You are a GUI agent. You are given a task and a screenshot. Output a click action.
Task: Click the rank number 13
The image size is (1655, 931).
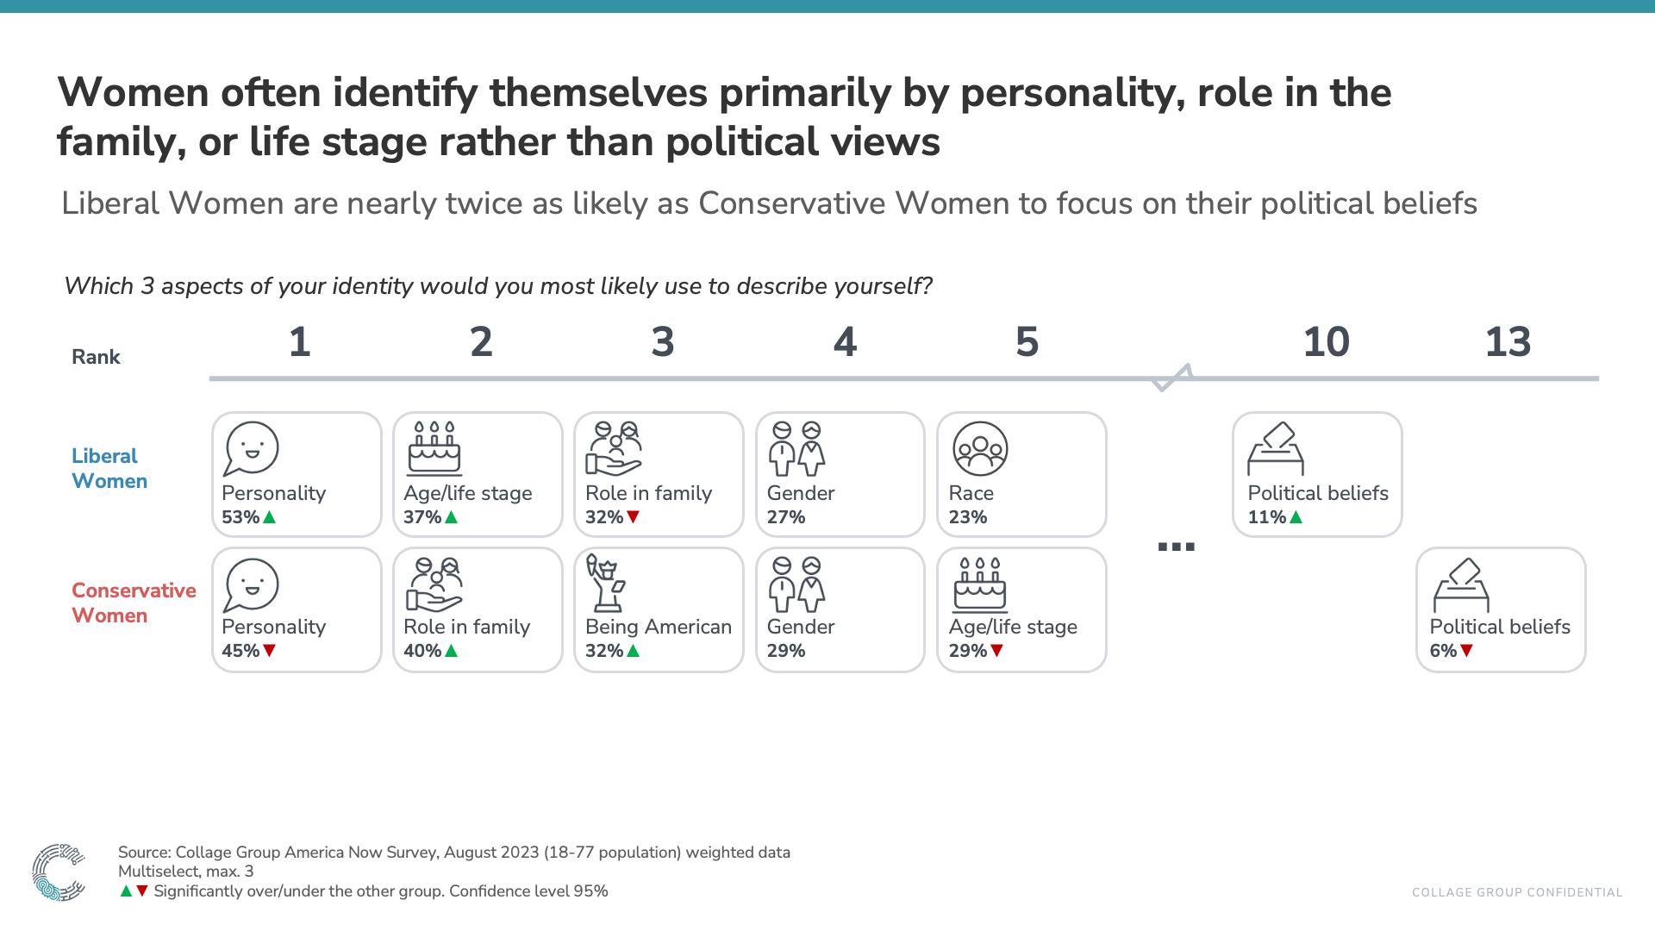(x=1508, y=342)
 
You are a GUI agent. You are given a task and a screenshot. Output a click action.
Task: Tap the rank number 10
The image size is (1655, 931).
(x=1326, y=342)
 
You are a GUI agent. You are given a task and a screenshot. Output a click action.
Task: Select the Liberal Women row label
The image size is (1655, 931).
(x=109, y=468)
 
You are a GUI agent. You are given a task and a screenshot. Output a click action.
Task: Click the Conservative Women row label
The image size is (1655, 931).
(x=133, y=603)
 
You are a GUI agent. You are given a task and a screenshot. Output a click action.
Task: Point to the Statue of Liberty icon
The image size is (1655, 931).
(x=606, y=583)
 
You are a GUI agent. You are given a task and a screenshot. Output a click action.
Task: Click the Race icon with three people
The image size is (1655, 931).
(x=980, y=448)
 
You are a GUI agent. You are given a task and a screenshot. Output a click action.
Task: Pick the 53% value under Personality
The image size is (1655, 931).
(x=240, y=517)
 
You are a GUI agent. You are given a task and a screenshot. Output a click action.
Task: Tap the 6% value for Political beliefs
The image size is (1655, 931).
(x=1442, y=651)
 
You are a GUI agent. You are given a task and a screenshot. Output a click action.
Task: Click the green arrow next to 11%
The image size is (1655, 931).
(x=1296, y=517)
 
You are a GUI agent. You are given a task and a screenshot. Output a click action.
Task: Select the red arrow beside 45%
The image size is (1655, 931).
(x=269, y=651)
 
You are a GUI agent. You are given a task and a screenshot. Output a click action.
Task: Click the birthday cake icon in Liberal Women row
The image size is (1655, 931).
(x=434, y=448)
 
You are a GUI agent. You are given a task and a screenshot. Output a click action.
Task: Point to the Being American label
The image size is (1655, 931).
(x=658, y=627)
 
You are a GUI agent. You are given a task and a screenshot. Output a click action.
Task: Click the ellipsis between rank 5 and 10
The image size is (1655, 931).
(x=1176, y=547)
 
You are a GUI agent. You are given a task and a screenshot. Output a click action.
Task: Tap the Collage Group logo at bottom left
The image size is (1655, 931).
(x=58, y=872)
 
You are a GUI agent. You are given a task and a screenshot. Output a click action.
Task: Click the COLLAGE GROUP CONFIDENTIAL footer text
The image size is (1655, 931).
(x=1516, y=892)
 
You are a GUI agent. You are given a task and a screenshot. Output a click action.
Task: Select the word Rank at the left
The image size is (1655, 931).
(x=96, y=357)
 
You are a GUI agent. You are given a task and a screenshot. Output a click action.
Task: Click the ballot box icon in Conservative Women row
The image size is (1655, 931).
(x=1461, y=584)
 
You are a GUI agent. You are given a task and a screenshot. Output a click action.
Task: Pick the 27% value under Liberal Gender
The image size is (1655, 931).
(x=785, y=517)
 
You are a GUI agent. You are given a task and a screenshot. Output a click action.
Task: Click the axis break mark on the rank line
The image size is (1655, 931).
(x=1172, y=378)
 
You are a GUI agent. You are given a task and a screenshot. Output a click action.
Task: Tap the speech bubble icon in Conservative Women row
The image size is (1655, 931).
(x=251, y=584)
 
